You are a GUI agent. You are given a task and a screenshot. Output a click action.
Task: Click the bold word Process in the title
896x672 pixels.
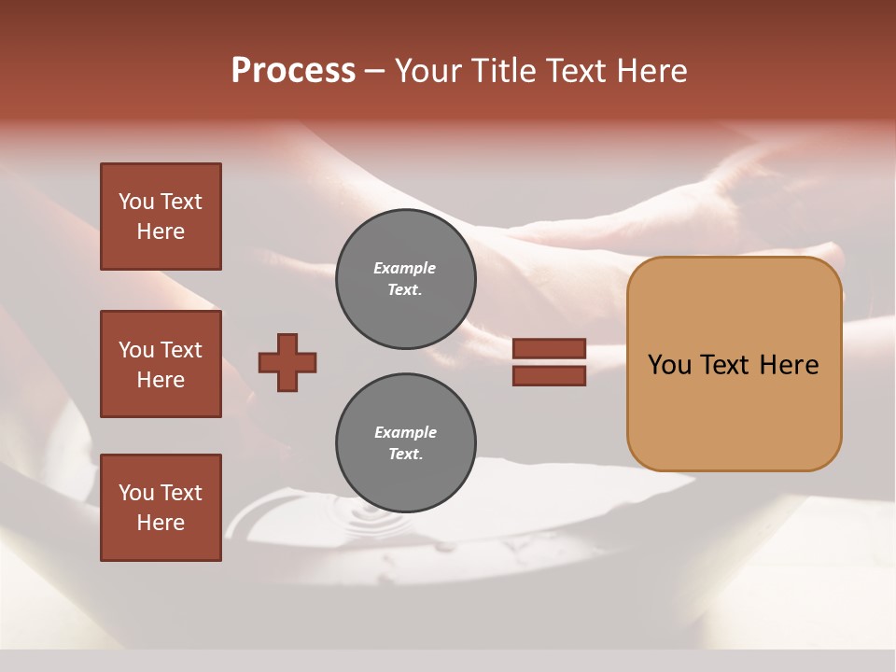pyautogui.click(x=293, y=71)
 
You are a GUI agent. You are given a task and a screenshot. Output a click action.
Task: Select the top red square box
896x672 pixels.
pyautogui.click(x=161, y=217)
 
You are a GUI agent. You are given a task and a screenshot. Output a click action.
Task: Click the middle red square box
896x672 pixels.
pyautogui.click(x=161, y=364)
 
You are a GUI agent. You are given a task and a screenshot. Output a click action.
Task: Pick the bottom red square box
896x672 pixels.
pyautogui.click(x=161, y=508)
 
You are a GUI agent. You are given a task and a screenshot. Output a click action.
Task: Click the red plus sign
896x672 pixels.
pyautogui.click(x=287, y=362)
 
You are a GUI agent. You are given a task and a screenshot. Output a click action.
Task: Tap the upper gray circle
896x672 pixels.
pyautogui.click(x=405, y=279)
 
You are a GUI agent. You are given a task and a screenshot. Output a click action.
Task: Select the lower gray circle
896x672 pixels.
pyautogui.click(x=405, y=443)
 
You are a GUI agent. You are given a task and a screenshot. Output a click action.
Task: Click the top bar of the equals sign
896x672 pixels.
pyautogui.click(x=549, y=349)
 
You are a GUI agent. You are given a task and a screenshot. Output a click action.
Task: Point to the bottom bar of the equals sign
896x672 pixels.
pyautogui.click(x=549, y=376)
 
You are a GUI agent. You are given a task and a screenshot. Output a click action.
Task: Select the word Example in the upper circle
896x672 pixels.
pyautogui.click(x=404, y=269)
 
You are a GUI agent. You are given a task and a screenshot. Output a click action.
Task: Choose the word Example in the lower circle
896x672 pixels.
pyautogui.click(x=405, y=433)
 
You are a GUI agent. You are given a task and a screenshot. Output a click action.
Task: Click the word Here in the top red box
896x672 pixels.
pyautogui.click(x=161, y=231)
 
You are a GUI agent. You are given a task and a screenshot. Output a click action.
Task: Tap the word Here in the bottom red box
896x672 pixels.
pyautogui.click(x=161, y=523)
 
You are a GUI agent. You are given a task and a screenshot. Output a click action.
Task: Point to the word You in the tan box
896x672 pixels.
pyautogui.click(x=670, y=365)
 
